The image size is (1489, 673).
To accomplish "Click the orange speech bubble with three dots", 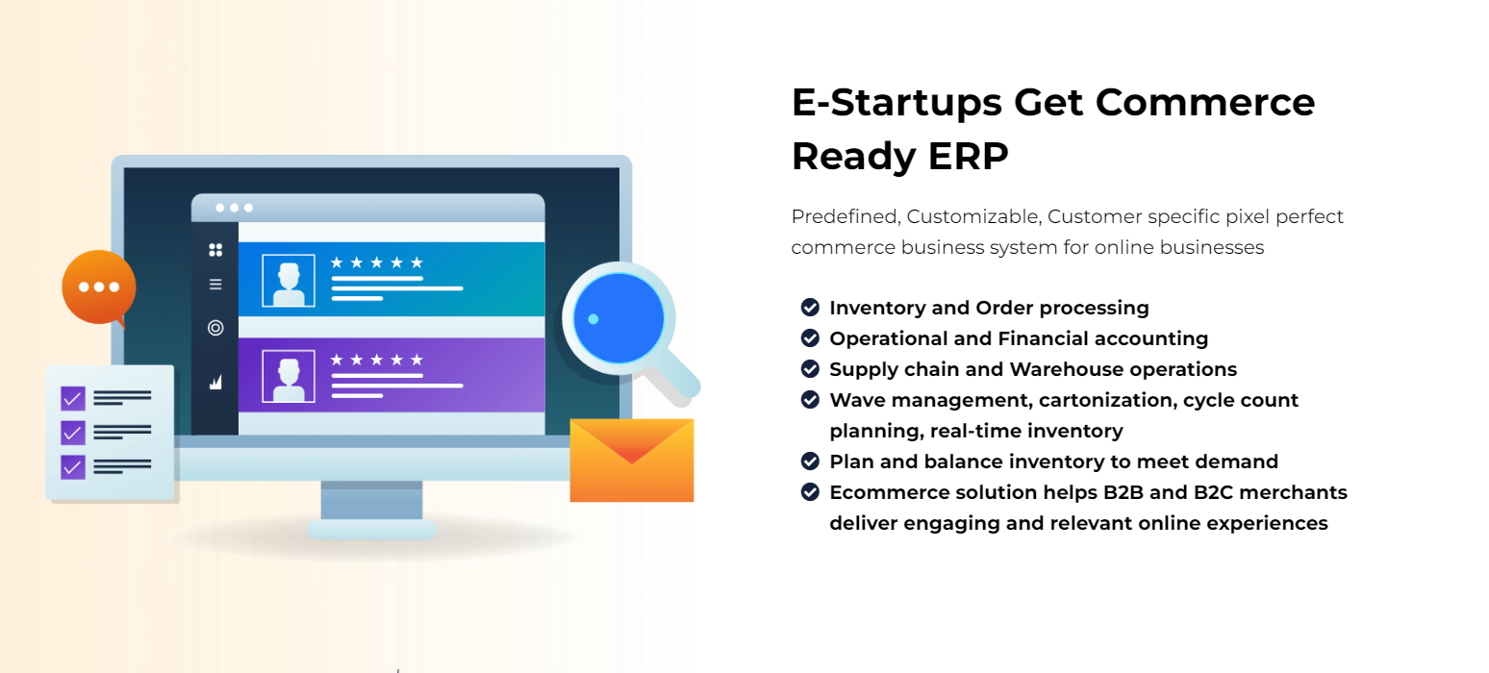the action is coord(99,287).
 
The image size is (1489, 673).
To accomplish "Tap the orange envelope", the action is coord(632,460).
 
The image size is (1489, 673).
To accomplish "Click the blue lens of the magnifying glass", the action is coord(618,318).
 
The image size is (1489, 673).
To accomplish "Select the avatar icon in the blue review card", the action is coord(289,281).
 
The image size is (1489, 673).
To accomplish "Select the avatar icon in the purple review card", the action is coord(289,376).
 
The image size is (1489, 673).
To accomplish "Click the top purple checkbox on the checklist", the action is coord(73,399).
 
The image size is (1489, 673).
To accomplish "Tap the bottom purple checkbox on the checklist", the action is coord(73,467).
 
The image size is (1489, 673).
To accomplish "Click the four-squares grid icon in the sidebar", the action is coord(215,250).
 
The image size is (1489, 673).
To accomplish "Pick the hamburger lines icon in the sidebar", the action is coord(215,285).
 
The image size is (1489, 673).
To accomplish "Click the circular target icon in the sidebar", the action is coord(215,328).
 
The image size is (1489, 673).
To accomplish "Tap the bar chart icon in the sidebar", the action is coord(215,382).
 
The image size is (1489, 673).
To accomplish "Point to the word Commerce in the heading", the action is coord(1204,102).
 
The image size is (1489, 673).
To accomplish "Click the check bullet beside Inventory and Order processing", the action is coord(810,307).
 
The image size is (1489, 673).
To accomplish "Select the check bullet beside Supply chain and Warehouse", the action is coord(810,369).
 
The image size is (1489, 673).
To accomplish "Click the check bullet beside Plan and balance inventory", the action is coord(810,461).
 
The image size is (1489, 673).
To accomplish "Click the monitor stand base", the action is coord(371,530).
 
